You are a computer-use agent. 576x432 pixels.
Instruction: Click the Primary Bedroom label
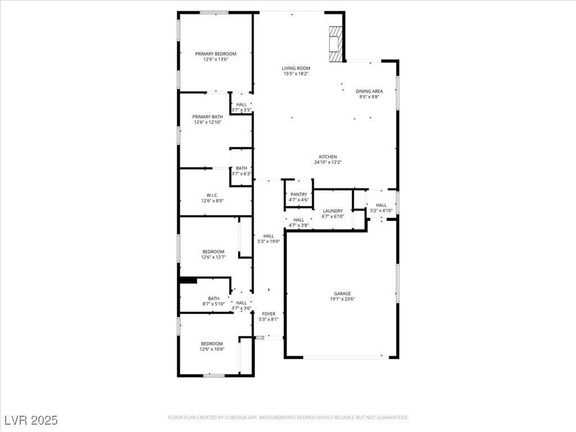coord(215,54)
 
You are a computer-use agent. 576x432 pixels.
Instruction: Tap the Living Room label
coord(296,69)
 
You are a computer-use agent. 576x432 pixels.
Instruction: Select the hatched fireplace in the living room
coord(335,44)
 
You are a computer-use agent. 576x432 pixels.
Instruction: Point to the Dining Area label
coord(369,91)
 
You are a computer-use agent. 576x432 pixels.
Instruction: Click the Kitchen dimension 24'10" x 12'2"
coord(328,163)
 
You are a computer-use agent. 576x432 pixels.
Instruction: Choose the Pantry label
coord(299,194)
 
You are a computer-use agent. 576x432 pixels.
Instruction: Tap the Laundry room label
coord(332,211)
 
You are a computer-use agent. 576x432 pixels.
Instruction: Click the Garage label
coord(342,294)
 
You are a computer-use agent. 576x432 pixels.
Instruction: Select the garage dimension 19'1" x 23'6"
coord(342,299)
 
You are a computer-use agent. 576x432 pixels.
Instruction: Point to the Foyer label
coord(268,314)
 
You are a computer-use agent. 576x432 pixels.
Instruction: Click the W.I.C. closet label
coord(212,195)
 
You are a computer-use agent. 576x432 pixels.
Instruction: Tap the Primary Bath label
coord(208,116)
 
